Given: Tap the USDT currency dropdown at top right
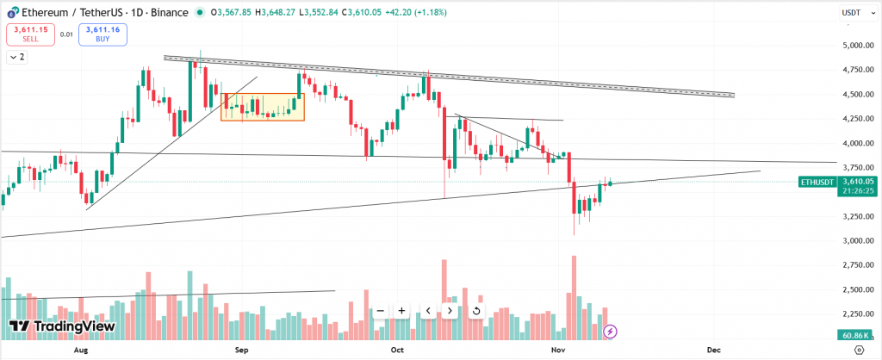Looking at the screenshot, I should pyautogui.click(x=854, y=12).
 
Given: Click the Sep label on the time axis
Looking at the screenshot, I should pyautogui.click(x=242, y=351).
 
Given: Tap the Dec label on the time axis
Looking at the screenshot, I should pyautogui.click(x=713, y=351).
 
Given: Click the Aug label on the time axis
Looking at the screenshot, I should pyautogui.click(x=81, y=351).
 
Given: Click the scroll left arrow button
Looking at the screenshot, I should pyautogui.click(x=427, y=311).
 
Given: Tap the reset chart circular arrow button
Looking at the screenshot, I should pyautogui.click(x=476, y=311).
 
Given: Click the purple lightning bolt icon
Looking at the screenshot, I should pyautogui.click(x=610, y=330).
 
